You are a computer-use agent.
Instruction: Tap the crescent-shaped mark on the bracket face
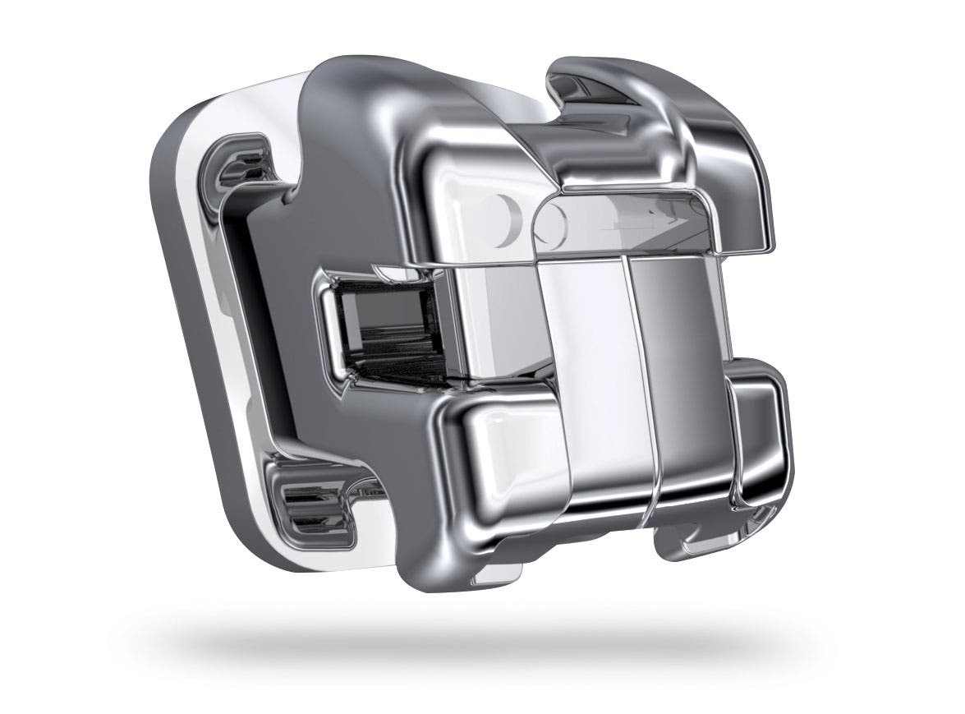point(510,218)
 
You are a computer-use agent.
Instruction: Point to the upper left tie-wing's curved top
point(361,90)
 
